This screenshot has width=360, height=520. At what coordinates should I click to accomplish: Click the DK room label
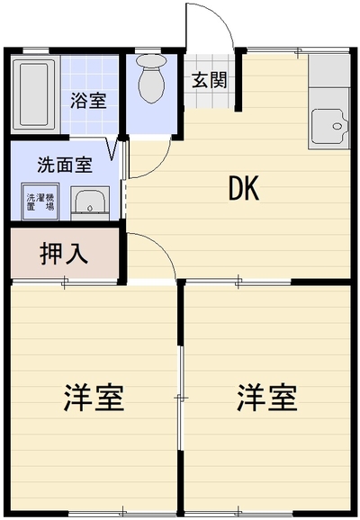pyautogui.click(x=244, y=188)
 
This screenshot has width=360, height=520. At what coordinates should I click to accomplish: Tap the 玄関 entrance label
pyautogui.click(x=210, y=80)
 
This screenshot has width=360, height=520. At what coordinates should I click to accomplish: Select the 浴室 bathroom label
pyautogui.click(x=88, y=101)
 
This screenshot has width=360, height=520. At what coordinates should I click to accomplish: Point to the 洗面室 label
pyautogui.click(x=65, y=165)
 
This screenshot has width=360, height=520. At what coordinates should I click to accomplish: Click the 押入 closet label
pyautogui.click(x=64, y=254)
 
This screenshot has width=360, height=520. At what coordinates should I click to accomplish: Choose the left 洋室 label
pyautogui.click(x=94, y=398)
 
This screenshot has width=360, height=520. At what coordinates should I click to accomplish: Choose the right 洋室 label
pyautogui.click(x=267, y=398)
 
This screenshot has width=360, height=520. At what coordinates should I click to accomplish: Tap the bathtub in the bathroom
pyautogui.click(x=33, y=94)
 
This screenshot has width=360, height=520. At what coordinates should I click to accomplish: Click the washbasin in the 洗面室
pyautogui.click(x=90, y=202)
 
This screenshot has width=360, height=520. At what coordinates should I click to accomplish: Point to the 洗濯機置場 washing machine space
pyautogui.click(x=40, y=202)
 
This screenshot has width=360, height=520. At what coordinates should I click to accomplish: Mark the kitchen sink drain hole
pyautogui.click(x=337, y=126)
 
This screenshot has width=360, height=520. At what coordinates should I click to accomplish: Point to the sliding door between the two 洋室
pyautogui.click(x=181, y=398)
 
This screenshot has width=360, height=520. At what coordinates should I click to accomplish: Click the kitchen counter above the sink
pyautogui.click(x=328, y=71)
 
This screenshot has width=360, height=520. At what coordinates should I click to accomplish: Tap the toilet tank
pyautogui.click(x=152, y=60)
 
